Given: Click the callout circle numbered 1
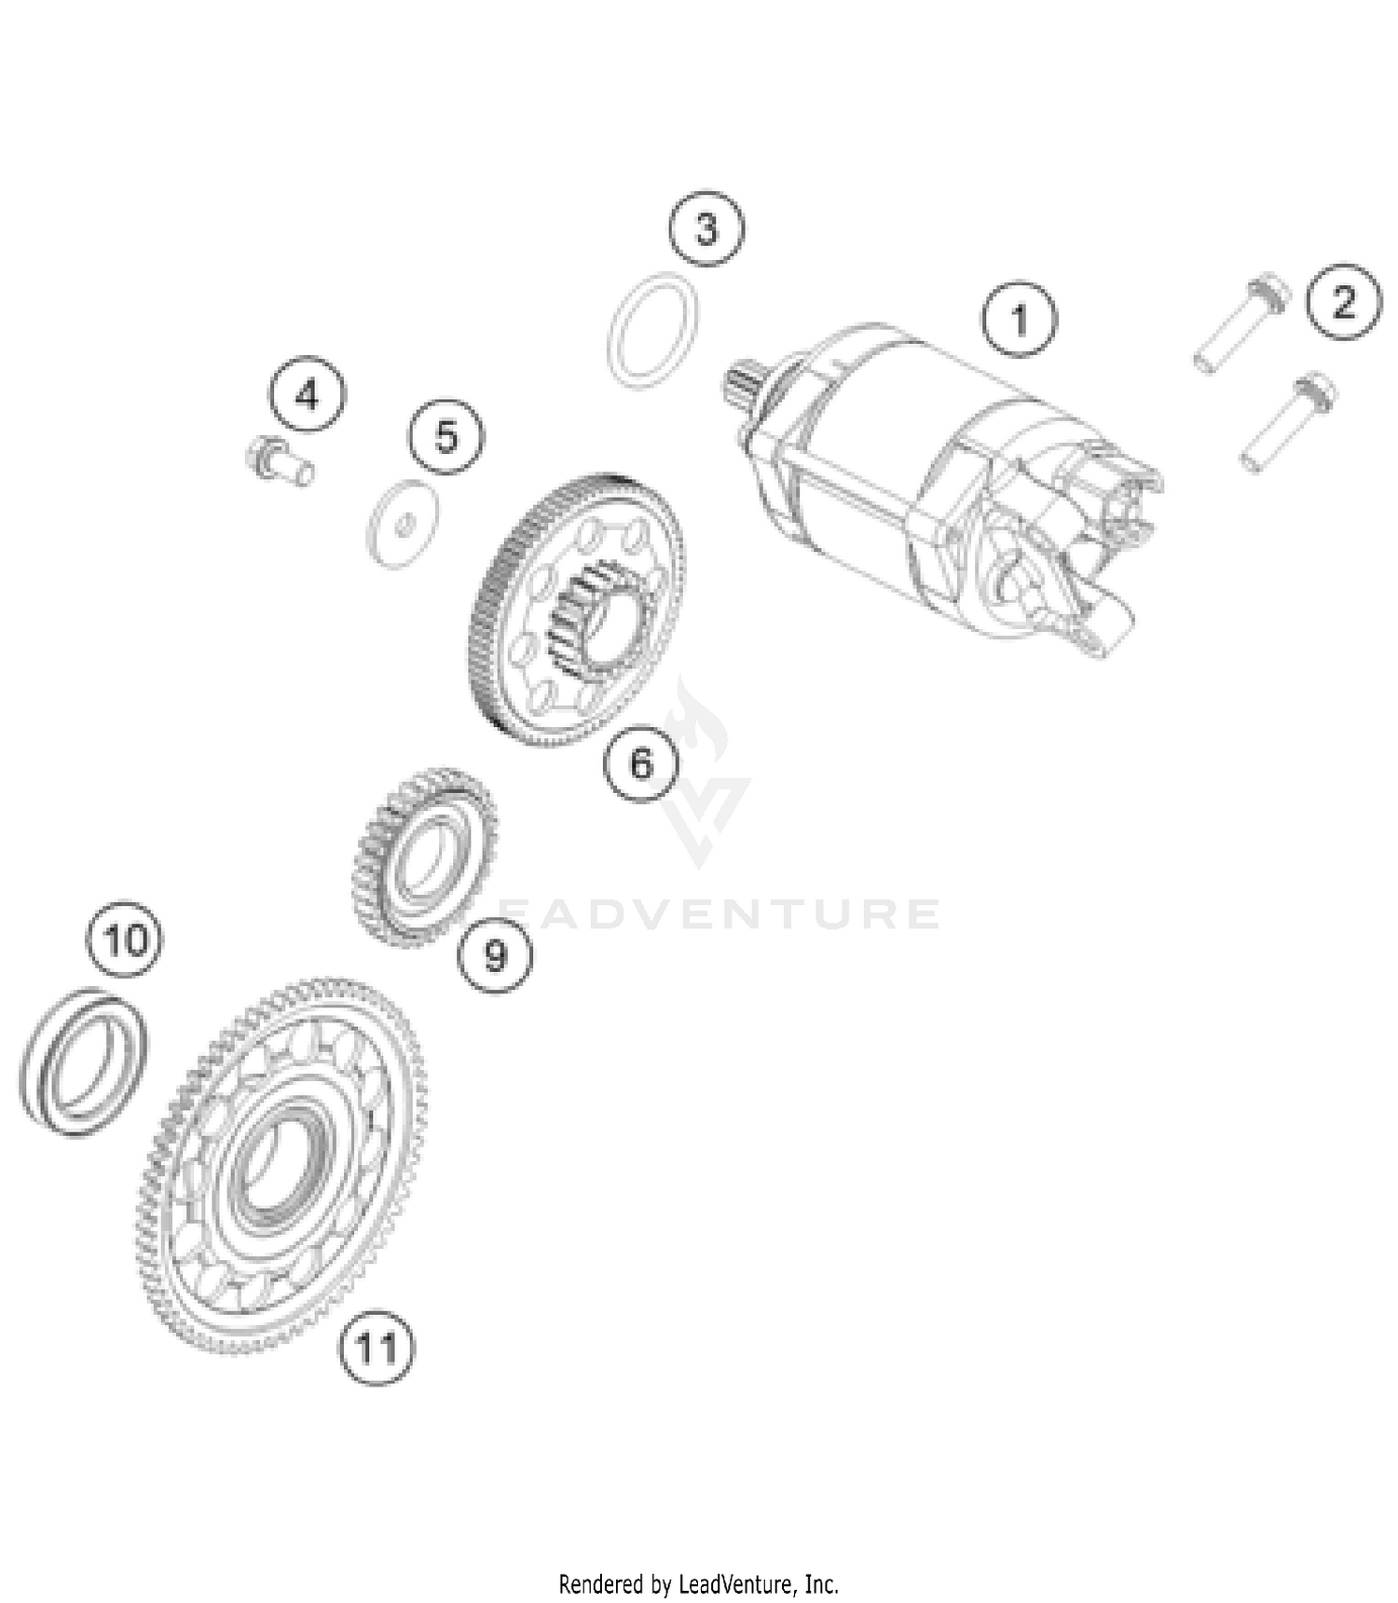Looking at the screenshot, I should (x=1020, y=320).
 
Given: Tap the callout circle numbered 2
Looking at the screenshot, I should (x=1343, y=302).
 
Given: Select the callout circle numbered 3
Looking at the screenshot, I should (x=706, y=228).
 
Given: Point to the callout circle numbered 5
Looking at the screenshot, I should (x=446, y=436).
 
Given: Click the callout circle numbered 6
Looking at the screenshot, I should (x=641, y=763).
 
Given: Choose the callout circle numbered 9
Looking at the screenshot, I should (x=495, y=953).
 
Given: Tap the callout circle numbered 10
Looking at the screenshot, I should (x=126, y=940).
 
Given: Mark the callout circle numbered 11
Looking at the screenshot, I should (x=376, y=1347).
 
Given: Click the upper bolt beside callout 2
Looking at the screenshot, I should (x=1241, y=323).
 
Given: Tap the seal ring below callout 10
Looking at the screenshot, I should (x=84, y=1062).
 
